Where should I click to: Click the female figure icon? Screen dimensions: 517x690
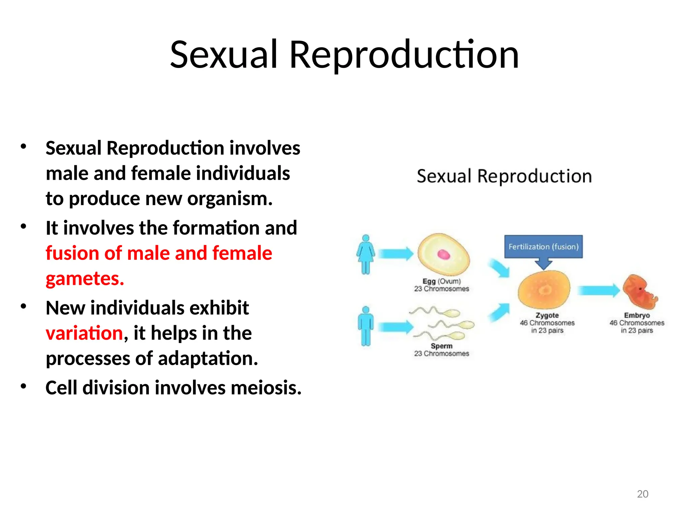click(x=366, y=254)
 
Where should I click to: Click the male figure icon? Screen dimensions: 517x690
click(x=366, y=326)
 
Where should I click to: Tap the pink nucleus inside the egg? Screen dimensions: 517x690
click(x=443, y=255)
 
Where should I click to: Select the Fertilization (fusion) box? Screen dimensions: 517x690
click(x=543, y=246)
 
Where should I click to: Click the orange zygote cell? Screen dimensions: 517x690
click(x=544, y=289)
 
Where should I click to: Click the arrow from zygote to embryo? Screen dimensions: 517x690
click(x=598, y=290)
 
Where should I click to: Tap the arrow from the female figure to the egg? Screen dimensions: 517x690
click(x=396, y=254)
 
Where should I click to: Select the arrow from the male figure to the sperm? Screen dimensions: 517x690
click(x=396, y=326)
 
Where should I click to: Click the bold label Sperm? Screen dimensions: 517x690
click(x=441, y=346)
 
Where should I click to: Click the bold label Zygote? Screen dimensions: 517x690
click(x=547, y=315)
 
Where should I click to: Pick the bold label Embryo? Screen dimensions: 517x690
click(x=636, y=315)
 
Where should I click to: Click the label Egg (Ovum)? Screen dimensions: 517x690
click(x=441, y=281)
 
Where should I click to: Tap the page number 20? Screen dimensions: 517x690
click(x=642, y=494)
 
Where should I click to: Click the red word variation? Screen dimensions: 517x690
click(x=84, y=333)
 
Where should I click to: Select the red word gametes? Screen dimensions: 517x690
click(x=85, y=279)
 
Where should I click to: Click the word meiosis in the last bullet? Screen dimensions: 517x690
click(x=266, y=388)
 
